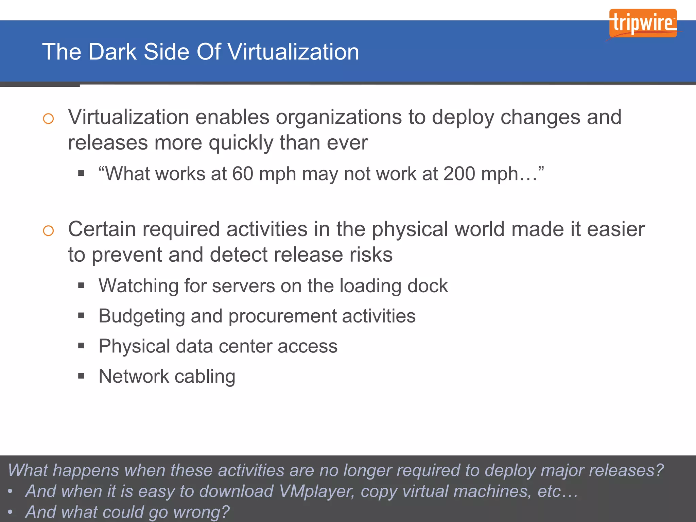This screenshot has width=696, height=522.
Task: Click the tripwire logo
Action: tap(643, 23)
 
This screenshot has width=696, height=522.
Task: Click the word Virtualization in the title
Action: tap(293, 52)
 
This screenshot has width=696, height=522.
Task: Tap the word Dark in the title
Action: tap(112, 52)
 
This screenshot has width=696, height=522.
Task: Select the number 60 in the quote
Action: tap(243, 174)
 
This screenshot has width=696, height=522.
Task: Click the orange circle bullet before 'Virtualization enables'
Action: tap(48, 119)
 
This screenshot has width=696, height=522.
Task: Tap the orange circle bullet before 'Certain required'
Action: tap(48, 231)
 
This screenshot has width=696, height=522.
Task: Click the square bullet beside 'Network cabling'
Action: tap(81, 376)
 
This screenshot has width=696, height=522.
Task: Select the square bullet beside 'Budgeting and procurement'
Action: tap(81, 316)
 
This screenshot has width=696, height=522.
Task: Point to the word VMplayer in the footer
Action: tap(316, 491)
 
